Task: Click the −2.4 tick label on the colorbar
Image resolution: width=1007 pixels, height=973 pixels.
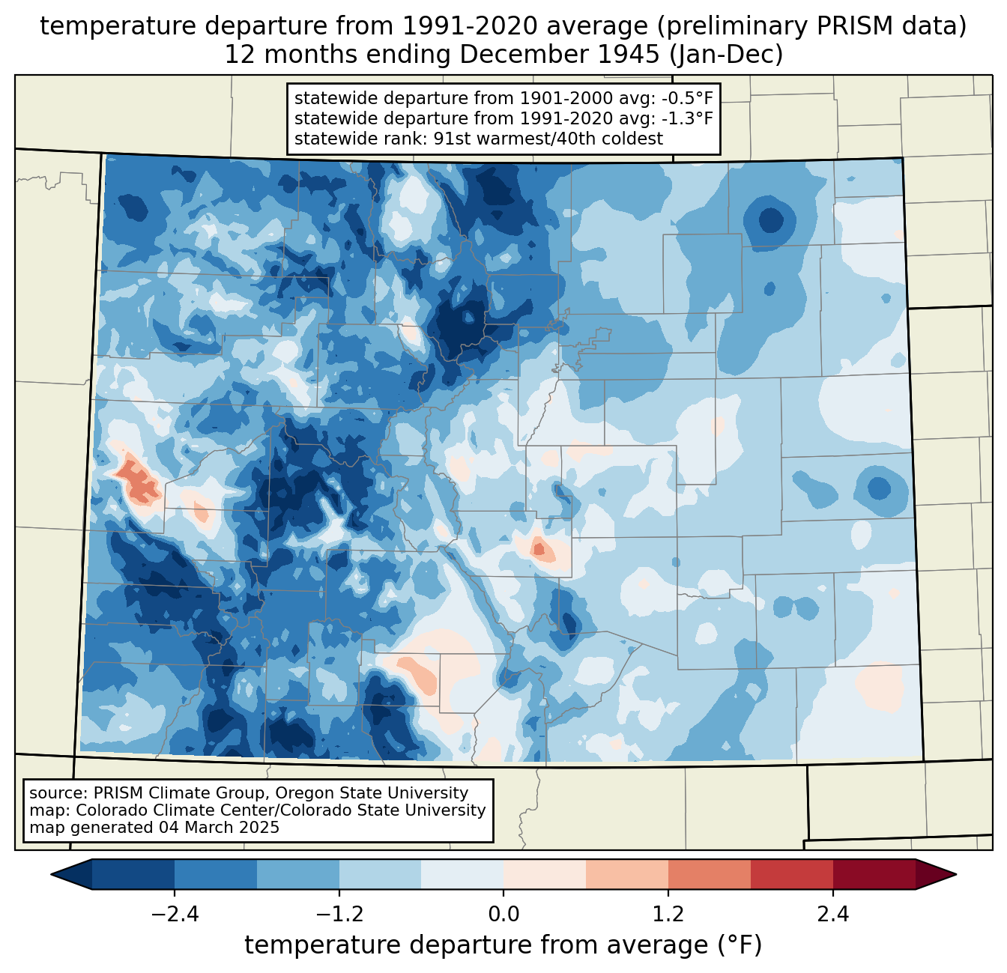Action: pyautogui.click(x=175, y=915)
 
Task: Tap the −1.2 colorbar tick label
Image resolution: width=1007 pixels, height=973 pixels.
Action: pyautogui.click(x=339, y=915)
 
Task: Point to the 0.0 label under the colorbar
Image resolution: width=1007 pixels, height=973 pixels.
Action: pyautogui.click(x=503, y=915)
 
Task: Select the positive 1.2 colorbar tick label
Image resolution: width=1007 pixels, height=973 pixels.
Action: pyautogui.click(x=668, y=915)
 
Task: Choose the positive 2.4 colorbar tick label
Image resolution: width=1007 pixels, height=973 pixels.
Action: pyautogui.click(x=833, y=915)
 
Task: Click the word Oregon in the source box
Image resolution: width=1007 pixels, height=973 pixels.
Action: pyautogui.click(x=301, y=793)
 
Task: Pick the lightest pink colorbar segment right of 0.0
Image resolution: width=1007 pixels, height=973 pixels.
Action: pyautogui.click(x=545, y=875)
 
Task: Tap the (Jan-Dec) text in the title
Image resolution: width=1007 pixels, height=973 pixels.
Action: pyautogui.click(x=726, y=55)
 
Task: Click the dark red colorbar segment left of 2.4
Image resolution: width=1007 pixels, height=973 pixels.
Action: pyautogui.click(x=792, y=875)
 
